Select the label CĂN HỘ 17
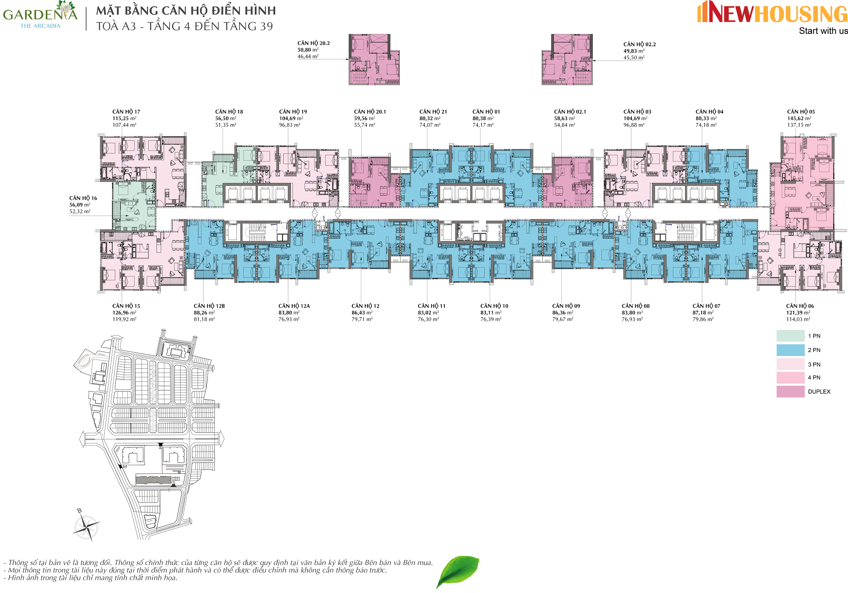pos(126,112)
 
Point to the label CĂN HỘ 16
pos(83,198)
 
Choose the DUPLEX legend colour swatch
pos(790,392)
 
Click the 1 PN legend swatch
pos(790,336)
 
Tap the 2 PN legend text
pos(814,350)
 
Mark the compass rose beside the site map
pos(86,526)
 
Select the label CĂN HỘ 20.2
pos(313,43)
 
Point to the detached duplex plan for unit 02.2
pos(567,60)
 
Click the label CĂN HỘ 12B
pos(209,306)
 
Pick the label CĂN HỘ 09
pos(566,306)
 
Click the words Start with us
pos(823,31)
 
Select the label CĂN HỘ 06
pos(800,306)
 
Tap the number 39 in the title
pos(266,26)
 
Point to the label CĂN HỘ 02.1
pos(570,112)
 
